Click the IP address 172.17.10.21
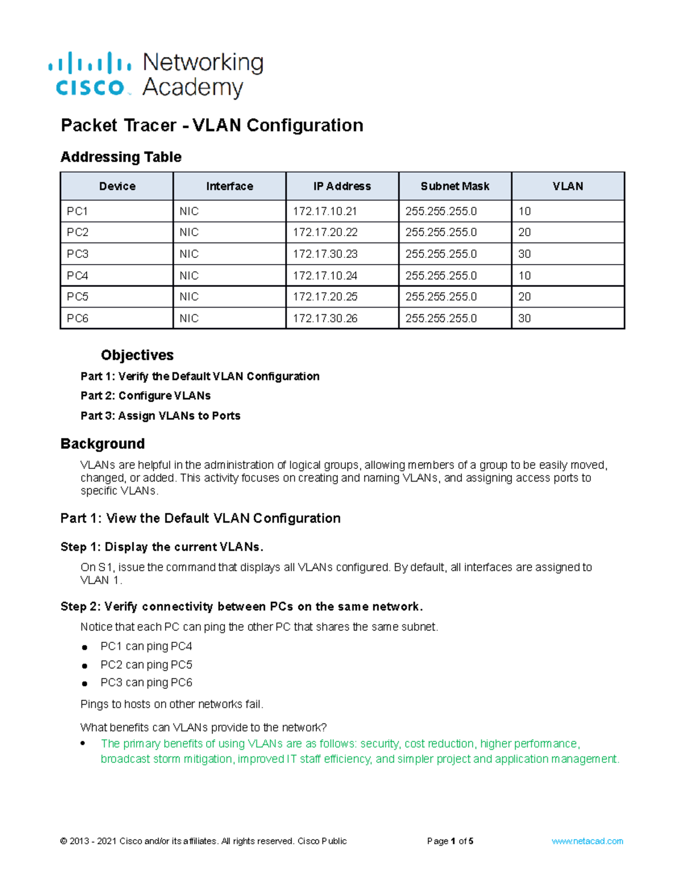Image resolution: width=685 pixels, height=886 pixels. tap(325, 211)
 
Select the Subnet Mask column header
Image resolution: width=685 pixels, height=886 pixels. tap(455, 187)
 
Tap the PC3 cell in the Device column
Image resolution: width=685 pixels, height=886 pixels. tap(78, 254)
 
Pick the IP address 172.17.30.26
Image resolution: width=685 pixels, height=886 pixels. tap(325, 318)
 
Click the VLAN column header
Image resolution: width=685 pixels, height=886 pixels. tap(567, 187)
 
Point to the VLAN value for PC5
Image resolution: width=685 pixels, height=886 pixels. tap(525, 297)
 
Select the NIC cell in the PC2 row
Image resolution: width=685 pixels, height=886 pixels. tap(189, 232)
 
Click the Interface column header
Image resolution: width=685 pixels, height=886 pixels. tap(229, 187)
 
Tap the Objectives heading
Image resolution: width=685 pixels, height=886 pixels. tap(137, 355)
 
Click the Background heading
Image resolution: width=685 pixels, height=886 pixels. tap(103, 444)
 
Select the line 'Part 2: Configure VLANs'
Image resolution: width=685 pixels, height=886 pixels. tap(146, 396)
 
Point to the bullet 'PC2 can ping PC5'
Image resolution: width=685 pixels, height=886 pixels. tap(146, 665)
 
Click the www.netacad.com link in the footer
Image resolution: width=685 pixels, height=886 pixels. tap(587, 841)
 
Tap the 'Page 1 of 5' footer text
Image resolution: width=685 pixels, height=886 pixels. tap(450, 841)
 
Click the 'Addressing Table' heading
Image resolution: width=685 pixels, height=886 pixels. tap(121, 157)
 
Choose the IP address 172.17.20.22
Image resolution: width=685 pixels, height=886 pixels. tap(325, 232)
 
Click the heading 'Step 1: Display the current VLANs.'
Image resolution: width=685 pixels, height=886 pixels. tap(162, 547)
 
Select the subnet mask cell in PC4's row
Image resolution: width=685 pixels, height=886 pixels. tap(441, 276)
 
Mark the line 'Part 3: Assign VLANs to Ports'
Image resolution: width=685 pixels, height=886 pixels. tap(160, 416)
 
